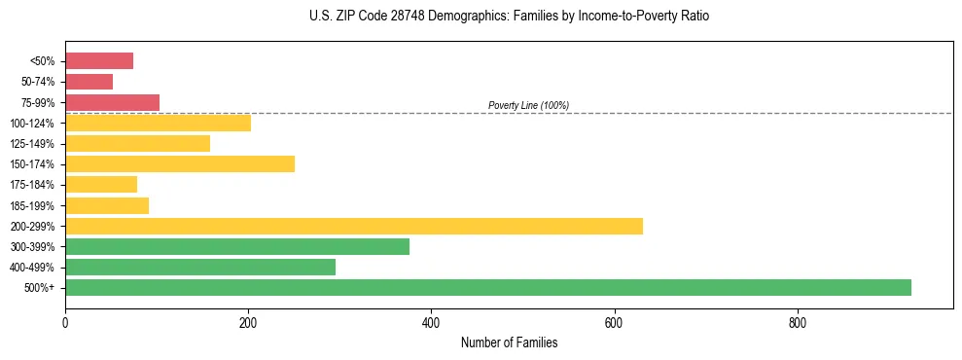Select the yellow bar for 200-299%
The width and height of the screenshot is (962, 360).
(354, 226)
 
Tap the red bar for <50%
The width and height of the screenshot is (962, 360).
(99, 61)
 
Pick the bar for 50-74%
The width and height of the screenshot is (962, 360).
(89, 82)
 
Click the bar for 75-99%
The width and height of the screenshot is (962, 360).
(112, 102)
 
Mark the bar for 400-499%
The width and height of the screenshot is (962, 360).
(200, 267)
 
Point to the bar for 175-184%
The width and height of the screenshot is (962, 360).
(101, 184)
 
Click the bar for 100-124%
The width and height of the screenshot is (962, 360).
(158, 123)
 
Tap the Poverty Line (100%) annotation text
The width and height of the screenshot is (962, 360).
(528, 105)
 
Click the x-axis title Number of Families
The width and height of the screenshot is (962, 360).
(509, 342)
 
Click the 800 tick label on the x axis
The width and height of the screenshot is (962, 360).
(798, 323)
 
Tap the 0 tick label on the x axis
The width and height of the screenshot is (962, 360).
(65, 323)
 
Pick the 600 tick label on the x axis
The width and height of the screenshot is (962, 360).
(615, 323)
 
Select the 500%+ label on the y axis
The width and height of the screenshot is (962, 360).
(43, 288)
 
